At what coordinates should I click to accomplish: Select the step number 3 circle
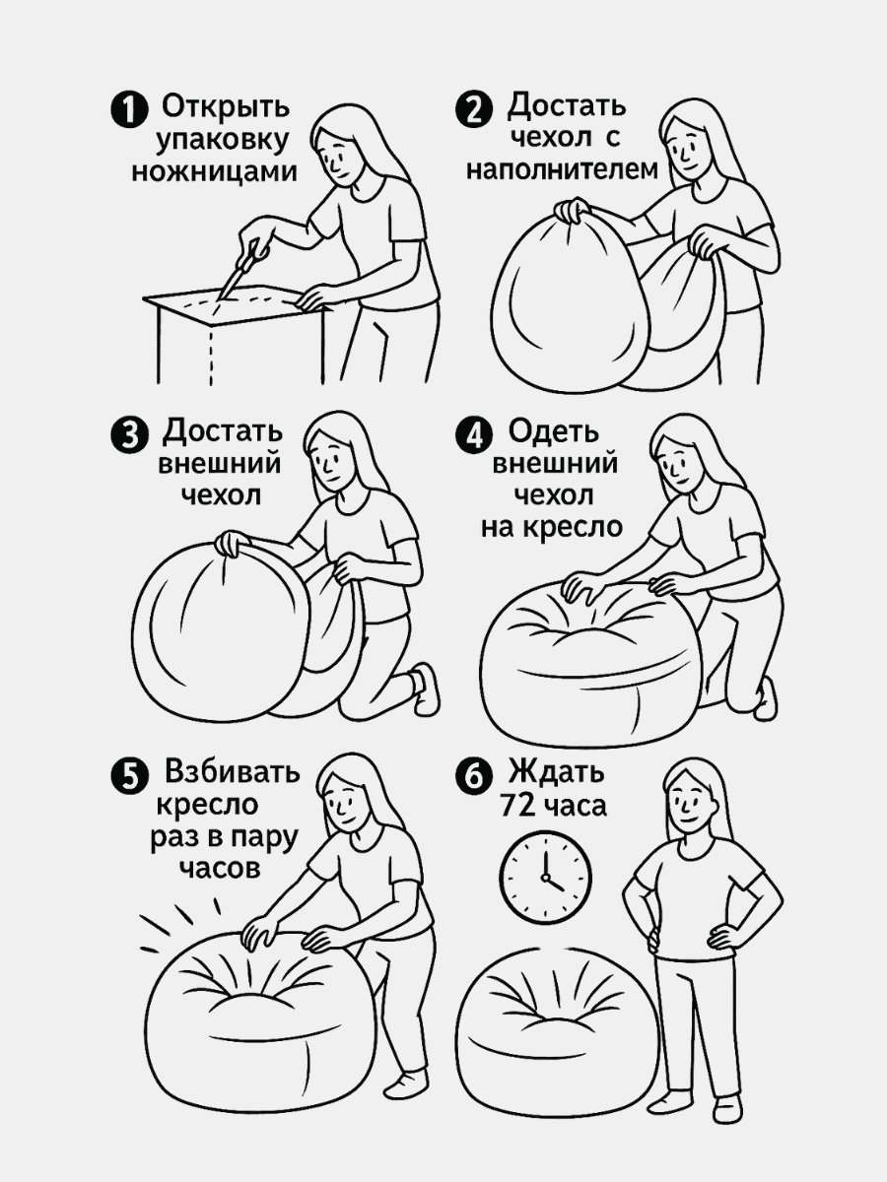128,434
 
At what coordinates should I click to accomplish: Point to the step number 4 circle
474,434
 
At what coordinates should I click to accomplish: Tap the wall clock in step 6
546,874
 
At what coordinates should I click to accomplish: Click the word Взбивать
234,771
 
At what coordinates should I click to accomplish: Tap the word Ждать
556,771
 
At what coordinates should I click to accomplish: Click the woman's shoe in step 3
425,687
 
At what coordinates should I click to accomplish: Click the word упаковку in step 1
222,138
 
